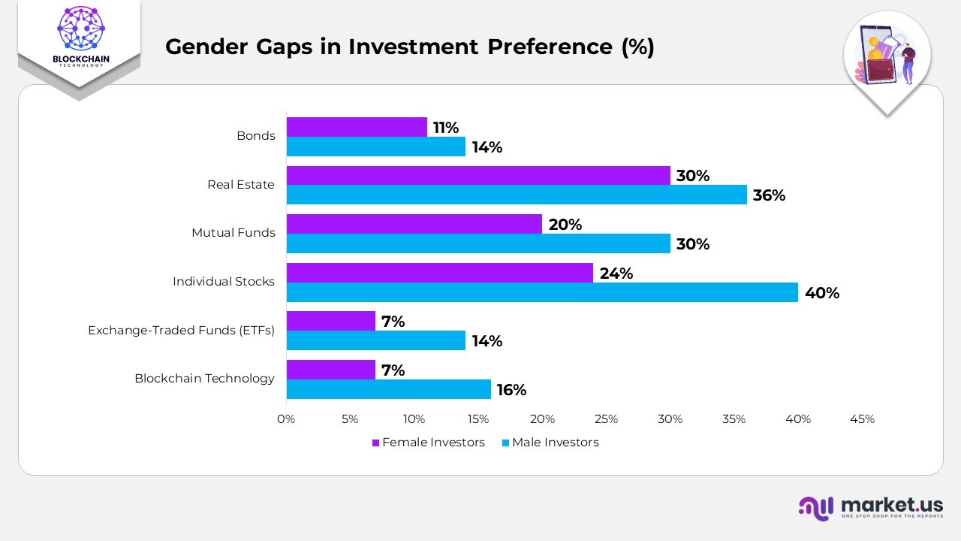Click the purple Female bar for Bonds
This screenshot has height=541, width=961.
click(x=357, y=127)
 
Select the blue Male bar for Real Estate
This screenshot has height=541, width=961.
click(x=517, y=195)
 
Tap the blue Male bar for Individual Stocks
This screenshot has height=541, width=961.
click(x=542, y=292)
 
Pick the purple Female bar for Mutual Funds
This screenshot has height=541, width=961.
click(x=414, y=224)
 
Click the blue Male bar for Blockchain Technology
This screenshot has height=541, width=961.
click(x=388, y=389)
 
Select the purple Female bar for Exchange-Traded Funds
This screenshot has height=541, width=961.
click(x=330, y=321)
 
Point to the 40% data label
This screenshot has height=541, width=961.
click(x=821, y=293)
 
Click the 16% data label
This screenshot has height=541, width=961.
click(x=511, y=390)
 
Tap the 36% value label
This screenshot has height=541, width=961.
click(x=770, y=195)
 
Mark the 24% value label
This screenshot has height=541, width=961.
click(x=616, y=274)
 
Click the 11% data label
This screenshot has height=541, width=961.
click(x=445, y=128)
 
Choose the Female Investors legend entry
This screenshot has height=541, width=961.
click(x=429, y=443)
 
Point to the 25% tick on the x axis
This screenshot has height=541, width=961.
click(x=606, y=419)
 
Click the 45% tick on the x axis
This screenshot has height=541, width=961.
click(x=862, y=419)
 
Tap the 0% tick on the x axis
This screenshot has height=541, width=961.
click(x=286, y=419)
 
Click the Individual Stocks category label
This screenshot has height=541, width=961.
click(x=224, y=282)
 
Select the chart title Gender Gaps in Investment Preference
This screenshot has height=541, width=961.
click(x=409, y=47)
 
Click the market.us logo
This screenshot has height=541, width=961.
click(x=870, y=508)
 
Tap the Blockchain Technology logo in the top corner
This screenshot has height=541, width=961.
click(x=79, y=38)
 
